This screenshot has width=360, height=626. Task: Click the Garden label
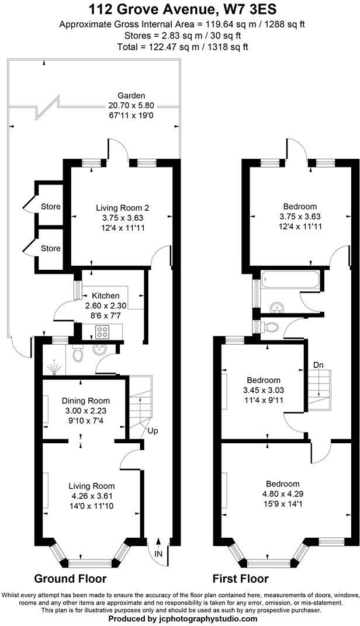pyautogui.click(x=131, y=96)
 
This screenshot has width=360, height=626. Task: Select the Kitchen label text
pyautogui.click(x=105, y=296)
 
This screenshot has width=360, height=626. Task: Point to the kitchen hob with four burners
pyautogui.click(x=102, y=332)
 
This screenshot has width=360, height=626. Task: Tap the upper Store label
pyautogui.click(x=51, y=207)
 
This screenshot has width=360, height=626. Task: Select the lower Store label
pyautogui.click(x=51, y=248)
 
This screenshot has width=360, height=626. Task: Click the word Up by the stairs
pyautogui.click(x=153, y=431)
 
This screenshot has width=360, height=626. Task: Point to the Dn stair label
pyautogui.click(x=318, y=365)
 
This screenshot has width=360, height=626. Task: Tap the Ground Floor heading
pyautogui.click(x=70, y=579)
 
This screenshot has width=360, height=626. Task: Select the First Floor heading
pyautogui.click(x=241, y=579)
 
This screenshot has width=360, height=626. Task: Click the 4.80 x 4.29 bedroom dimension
pyautogui.click(x=283, y=494)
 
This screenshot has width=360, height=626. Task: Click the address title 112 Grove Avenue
pyautogui.click(x=179, y=9)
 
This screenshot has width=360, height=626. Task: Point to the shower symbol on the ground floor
pyautogui.click(x=55, y=366)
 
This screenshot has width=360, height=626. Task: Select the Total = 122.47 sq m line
pyautogui.click(x=182, y=47)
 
